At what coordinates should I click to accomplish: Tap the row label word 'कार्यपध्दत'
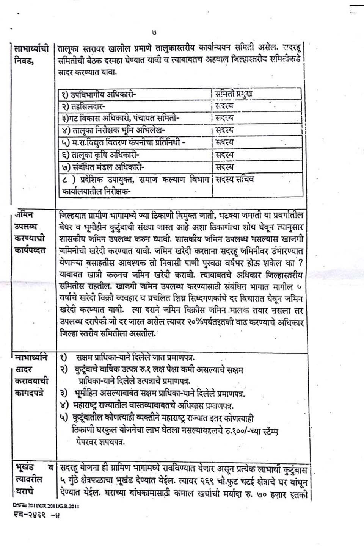(x=30, y=250)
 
